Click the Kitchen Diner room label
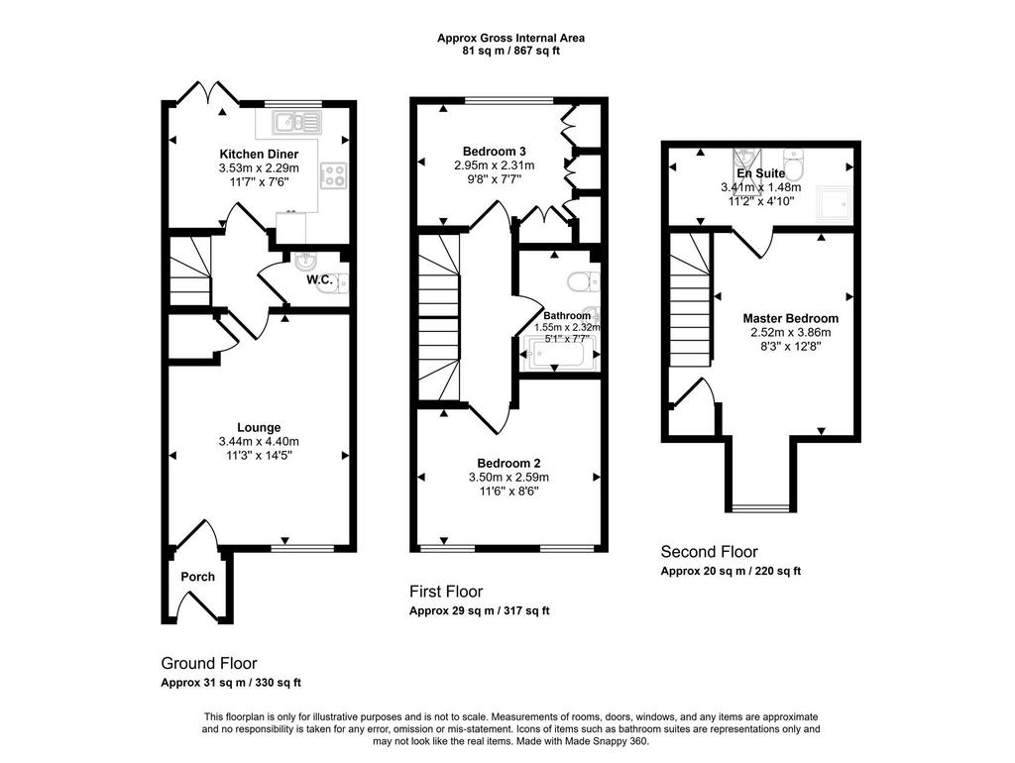click(x=259, y=154)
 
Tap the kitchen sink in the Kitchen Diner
click(x=297, y=122)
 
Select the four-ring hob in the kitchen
click(x=335, y=174)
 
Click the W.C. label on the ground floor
click(x=320, y=280)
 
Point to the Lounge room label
click(x=259, y=427)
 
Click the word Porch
click(x=197, y=577)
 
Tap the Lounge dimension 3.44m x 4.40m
click(x=259, y=441)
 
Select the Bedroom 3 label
click(x=490, y=151)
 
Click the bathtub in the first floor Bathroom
click(x=557, y=355)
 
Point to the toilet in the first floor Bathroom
click(x=583, y=281)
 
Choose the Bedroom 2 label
click(x=508, y=464)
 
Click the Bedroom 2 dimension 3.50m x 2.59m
click(x=508, y=478)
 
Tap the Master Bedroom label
click(x=790, y=318)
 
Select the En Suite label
click(x=761, y=173)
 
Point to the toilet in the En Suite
click(x=793, y=164)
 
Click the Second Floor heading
click(x=709, y=552)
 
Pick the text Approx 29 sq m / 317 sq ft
click(x=479, y=611)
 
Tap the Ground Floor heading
click(x=209, y=663)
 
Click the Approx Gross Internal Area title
click(x=510, y=39)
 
